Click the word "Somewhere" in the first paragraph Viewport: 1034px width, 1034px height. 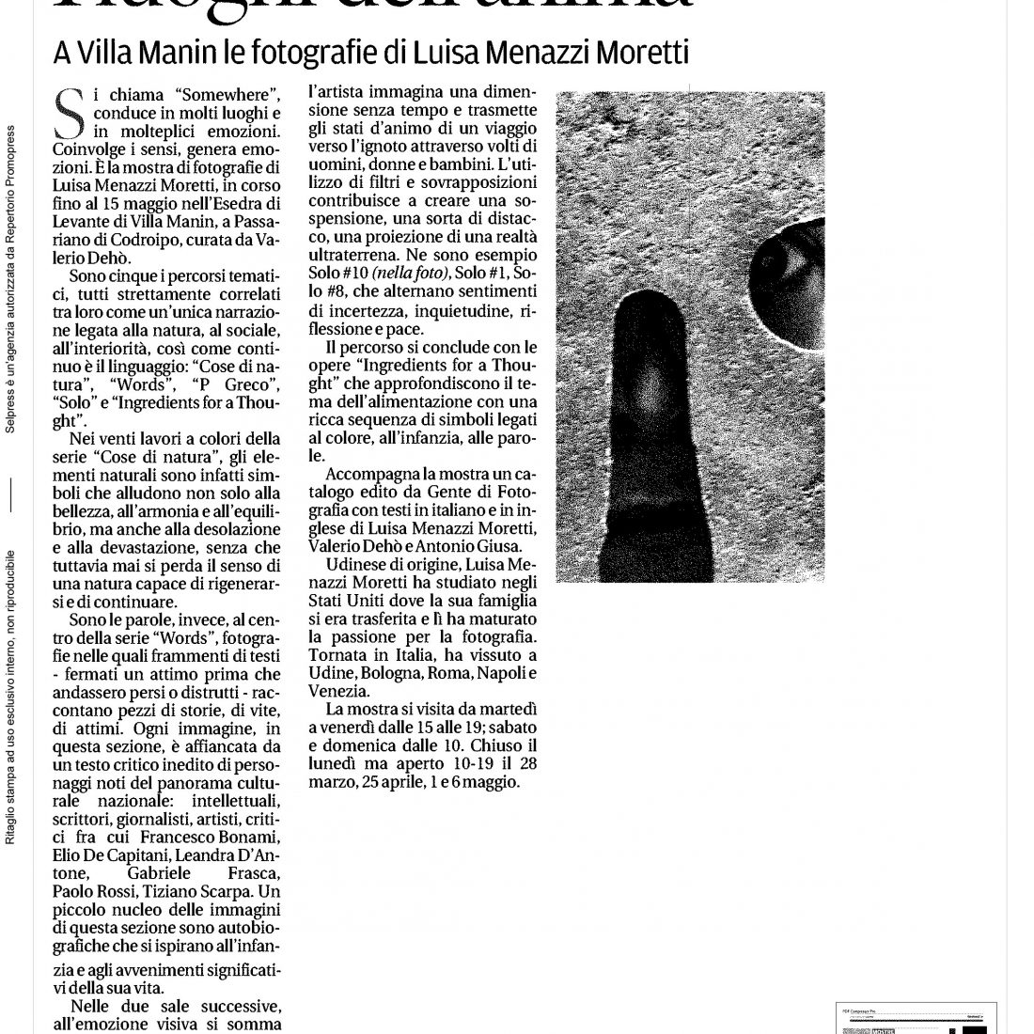click(225, 95)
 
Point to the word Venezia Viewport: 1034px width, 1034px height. click(344, 691)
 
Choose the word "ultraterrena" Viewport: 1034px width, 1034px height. click(355, 255)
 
